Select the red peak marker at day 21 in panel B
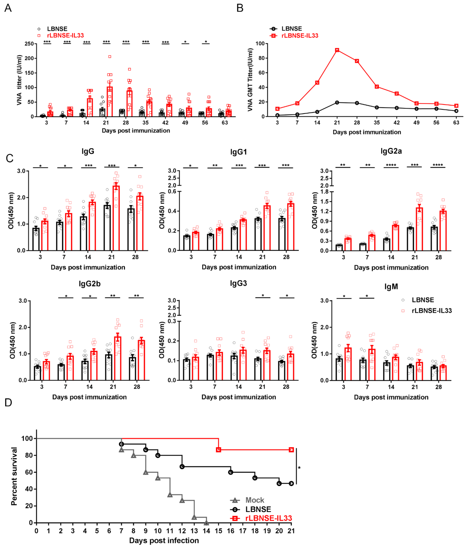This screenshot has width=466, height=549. click(337, 50)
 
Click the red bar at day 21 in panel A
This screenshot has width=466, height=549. click(110, 102)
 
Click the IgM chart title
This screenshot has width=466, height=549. click(391, 287)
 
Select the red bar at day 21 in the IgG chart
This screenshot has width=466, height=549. click(116, 218)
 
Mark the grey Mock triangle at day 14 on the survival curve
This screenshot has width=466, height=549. click(206, 523)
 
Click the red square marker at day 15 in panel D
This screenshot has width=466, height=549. click(218, 450)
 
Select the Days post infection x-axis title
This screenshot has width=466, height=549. click(164, 540)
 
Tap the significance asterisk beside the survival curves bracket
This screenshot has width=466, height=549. click(299, 468)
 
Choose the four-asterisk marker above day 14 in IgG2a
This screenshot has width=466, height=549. click(391, 165)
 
